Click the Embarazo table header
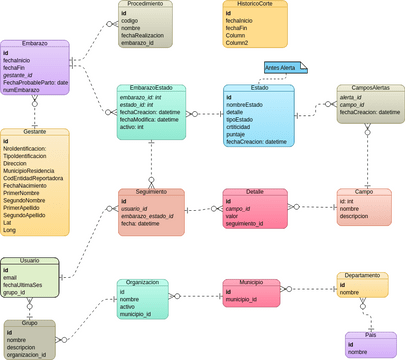click(35, 44)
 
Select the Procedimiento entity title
click(145, 5)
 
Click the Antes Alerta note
click(281, 68)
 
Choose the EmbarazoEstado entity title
click(151, 88)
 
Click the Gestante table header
click(35, 132)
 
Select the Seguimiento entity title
click(151, 192)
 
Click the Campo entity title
click(363, 192)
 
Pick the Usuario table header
click(30, 260)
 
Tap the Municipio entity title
click(250, 283)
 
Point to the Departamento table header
click(361, 275)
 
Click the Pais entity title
click(370, 336)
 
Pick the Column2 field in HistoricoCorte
click(238, 44)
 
